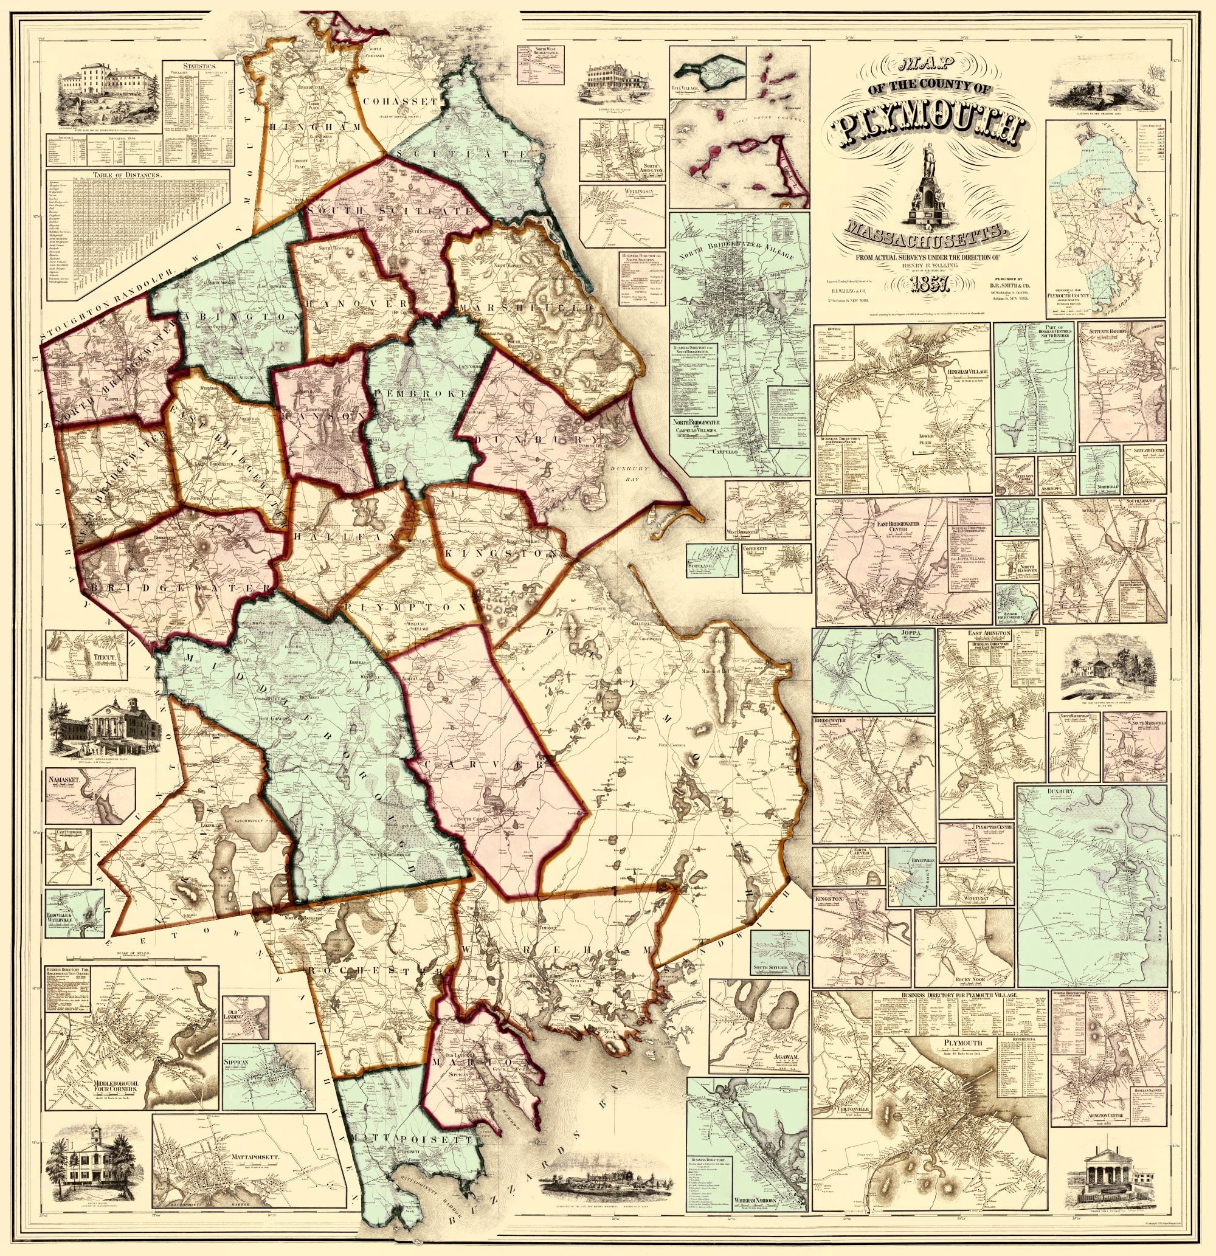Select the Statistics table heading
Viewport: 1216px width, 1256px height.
pyautogui.click(x=198, y=66)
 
